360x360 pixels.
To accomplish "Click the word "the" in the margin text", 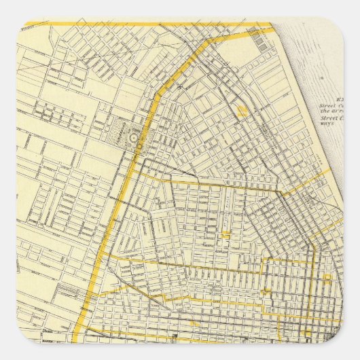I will (327, 111).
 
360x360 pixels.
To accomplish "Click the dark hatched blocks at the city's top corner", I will (262, 43).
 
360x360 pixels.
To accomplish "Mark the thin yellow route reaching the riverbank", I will (306, 183).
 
